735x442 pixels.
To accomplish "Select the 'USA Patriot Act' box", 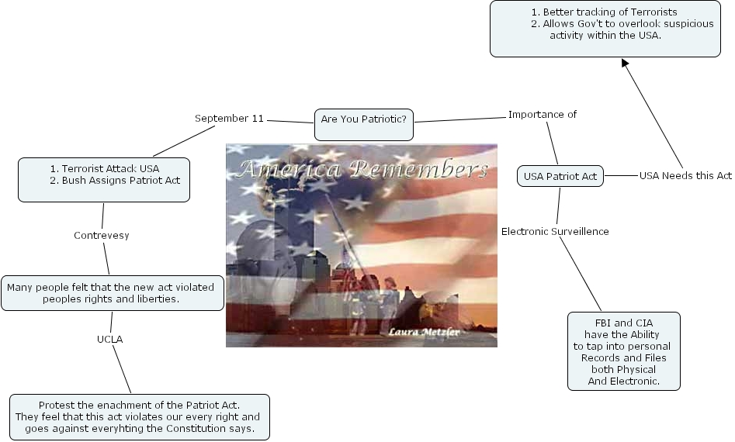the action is point(560,177).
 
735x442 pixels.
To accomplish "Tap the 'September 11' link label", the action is point(229,119).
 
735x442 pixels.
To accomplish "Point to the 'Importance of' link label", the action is point(543,115).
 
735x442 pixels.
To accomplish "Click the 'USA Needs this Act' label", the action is point(685,175).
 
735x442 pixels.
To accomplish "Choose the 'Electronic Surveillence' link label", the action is point(555,232).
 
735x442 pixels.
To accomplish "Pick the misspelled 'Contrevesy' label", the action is point(101,236).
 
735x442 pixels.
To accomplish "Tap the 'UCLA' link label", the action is point(109,339).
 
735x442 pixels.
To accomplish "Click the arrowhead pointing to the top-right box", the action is point(625,63).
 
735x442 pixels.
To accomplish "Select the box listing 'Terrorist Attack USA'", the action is point(104,180).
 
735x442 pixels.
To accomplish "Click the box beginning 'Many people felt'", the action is point(112,293).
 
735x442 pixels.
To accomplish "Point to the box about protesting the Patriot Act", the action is point(140,416).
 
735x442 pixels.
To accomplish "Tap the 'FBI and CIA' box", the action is point(624,351).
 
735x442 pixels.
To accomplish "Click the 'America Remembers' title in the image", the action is point(362,168).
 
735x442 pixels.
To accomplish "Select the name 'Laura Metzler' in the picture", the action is point(424,332).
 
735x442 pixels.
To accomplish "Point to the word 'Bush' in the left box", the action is point(75,180).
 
